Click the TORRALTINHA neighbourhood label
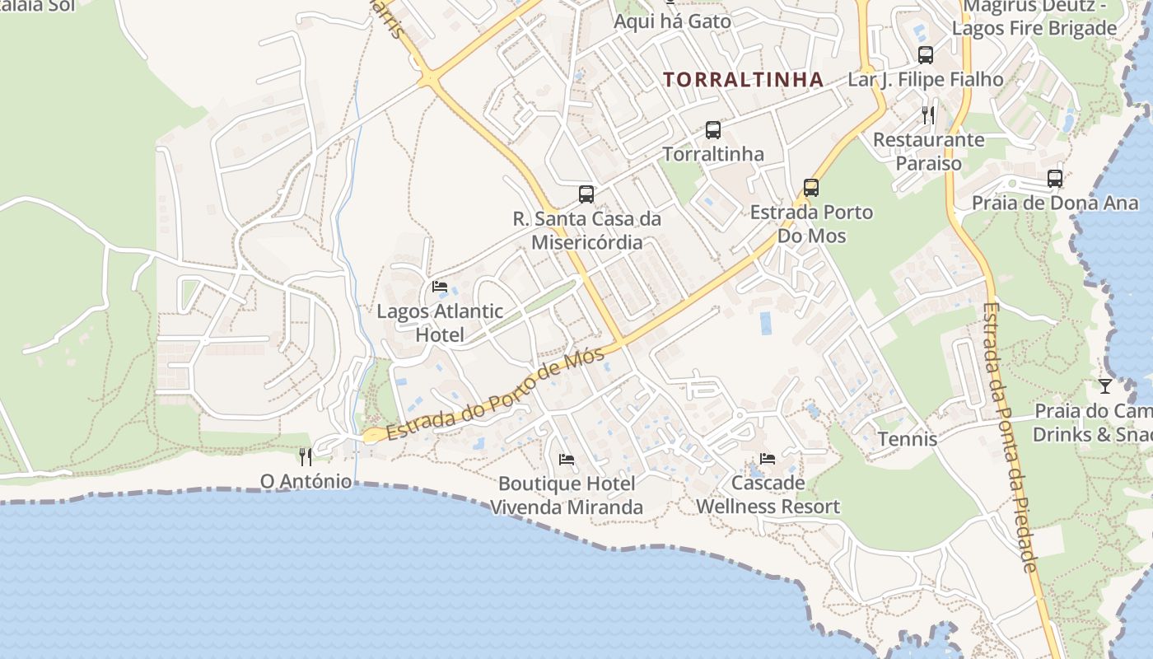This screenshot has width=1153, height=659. click(743, 80)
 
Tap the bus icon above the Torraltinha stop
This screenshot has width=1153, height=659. click(713, 130)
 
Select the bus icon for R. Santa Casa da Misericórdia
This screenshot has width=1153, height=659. click(586, 194)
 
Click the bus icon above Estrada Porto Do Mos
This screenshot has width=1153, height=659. click(811, 188)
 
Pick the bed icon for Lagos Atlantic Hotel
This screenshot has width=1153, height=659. click(440, 287)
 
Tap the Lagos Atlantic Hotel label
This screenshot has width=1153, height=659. click(440, 323)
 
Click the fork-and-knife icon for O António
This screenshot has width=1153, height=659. click(306, 457)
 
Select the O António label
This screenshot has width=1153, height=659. click(306, 481)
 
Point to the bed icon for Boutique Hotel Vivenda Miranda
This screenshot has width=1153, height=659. click(567, 459)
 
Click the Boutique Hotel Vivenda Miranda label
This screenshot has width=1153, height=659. click(567, 495)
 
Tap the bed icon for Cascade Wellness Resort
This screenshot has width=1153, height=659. click(768, 458)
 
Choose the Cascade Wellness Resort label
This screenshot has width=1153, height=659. click(768, 494)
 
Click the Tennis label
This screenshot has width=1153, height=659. click(908, 439)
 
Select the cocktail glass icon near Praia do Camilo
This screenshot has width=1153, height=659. click(1105, 386)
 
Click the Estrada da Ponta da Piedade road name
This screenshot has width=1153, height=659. click(1008, 437)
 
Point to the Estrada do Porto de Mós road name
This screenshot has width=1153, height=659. click(495, 395)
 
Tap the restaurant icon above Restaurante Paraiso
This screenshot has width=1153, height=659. click(928, 115)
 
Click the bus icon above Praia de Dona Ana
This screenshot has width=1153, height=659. click(1055, 178)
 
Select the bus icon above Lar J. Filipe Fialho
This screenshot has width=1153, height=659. click(926, 55)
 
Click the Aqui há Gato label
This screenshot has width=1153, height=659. click(672, 21)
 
